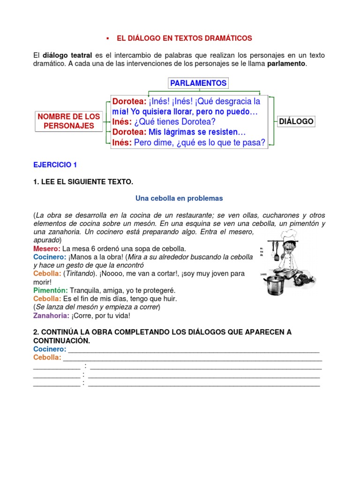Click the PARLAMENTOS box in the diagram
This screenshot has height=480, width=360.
[198, 83]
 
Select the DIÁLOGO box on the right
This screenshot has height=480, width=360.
[296, 121]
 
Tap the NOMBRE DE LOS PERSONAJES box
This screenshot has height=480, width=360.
[69, 121]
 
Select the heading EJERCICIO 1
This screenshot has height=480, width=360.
[55, 165]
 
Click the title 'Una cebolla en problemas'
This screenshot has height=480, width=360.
[180, 198]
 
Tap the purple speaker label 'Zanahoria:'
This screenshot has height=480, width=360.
[52, 315]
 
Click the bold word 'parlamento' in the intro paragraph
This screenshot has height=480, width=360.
[286, 63]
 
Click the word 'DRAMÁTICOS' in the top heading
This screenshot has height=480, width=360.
[226, 38]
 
